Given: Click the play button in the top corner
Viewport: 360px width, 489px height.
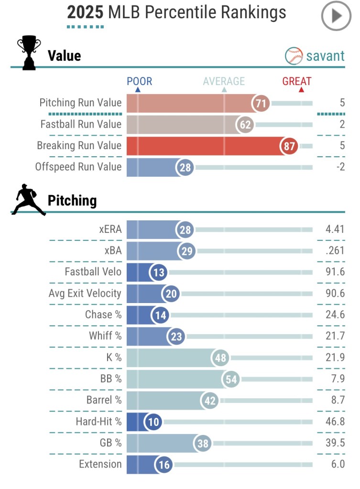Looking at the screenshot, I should point(337,16).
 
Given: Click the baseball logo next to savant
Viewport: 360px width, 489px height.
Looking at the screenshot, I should point(294,56).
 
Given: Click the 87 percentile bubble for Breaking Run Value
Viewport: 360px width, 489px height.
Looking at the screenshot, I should point(289,146).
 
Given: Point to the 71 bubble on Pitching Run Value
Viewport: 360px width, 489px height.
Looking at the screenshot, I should point(262,103).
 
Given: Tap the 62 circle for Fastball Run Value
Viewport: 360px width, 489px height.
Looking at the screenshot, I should point(245,125).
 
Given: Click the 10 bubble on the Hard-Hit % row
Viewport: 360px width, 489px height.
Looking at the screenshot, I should point(154,422).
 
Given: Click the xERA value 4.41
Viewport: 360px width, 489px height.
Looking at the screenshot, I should point(335,229).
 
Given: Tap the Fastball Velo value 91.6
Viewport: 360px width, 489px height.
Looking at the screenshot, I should point(335,272).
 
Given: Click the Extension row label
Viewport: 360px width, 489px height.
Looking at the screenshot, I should point(100,464).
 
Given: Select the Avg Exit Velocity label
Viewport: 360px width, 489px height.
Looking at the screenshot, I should point(85,293).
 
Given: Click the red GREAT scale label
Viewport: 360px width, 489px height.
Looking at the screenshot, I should point(296,81).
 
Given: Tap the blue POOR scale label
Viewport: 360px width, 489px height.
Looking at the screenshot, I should point(139,81).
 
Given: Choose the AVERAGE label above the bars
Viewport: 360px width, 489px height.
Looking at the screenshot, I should point(224,81).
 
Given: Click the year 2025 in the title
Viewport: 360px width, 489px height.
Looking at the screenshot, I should point(85,12).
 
